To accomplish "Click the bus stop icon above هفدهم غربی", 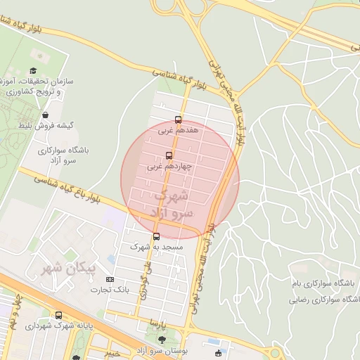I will [178, 120].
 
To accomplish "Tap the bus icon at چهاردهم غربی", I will [169, 155].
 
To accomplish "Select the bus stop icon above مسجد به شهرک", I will [156, 236].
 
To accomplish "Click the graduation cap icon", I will [33, 70].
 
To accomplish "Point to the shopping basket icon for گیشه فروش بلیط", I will [46, 115].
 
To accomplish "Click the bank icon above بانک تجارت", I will [109, 279].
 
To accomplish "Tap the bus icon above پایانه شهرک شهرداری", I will [58, 316].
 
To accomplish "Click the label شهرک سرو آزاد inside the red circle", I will [167, 202].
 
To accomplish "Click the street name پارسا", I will [159, 322].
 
